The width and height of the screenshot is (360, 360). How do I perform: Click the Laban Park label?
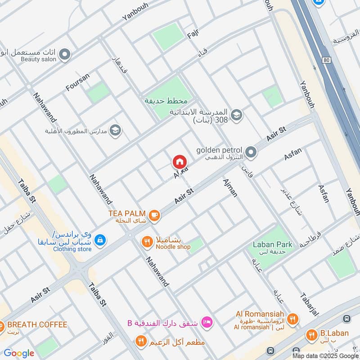pos(272,245)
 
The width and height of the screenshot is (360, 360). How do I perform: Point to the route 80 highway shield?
pos(326,60)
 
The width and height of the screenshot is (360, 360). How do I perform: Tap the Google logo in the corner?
pos(19,353)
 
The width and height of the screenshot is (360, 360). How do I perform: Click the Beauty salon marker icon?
pos(65,55)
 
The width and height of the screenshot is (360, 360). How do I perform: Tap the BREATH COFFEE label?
pos(37,324)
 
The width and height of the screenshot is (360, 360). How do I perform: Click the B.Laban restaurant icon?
pos(311,334)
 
